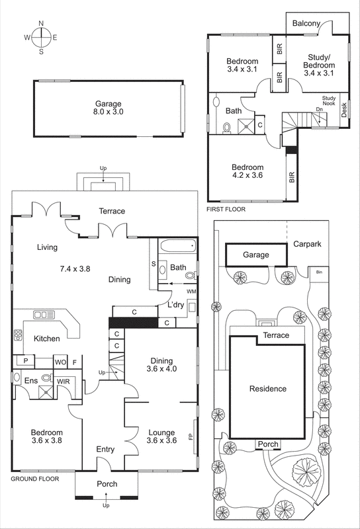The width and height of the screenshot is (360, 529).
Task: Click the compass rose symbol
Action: pyautogui.click(x=41, y=37)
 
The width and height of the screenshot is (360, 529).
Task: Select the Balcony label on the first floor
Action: pyautogui.click(x=306, y=24)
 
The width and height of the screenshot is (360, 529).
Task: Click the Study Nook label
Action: pyautogui.click(x=329, y=101)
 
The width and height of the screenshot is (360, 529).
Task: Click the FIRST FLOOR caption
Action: pyautogui.click(x=226, y=210)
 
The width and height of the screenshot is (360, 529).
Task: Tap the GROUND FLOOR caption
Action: pyautogui.click(x=34, y=478)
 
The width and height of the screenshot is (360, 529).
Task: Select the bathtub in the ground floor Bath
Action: pyautogui.click(x=178, y=247)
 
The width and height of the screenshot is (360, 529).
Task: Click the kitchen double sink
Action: pyautogui.click(x=44, y=315)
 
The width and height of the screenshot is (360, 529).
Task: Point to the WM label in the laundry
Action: pyautogui.click(x=191, y=292)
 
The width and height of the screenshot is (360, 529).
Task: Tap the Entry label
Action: pyautogui.click(x=105, y=450)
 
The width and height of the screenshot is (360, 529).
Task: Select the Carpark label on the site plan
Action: pyautogui.click(x=307, y=244)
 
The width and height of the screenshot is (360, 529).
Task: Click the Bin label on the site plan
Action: pyautogui.click(x=319, y=272)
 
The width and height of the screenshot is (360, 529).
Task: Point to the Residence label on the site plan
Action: pyautogui.click(x=268, y=389)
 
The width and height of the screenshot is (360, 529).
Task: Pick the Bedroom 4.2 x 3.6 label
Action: pyautogui.click(x=247, y=172)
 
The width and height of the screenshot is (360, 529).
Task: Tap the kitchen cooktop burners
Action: pyautogui.click(x=17, y=336)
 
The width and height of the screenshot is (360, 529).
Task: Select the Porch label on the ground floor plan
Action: pyautogui.click(x=107, y=485)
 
